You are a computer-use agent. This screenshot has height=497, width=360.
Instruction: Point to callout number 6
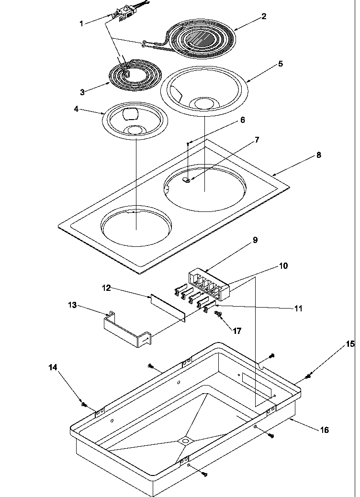[243, 121]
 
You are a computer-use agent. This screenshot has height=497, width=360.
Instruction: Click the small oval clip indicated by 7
[188, 179]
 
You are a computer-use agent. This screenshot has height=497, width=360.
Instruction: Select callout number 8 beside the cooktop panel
[318, 155]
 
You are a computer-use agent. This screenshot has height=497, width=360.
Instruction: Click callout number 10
[283, 266]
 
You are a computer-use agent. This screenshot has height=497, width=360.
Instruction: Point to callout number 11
[298, 309]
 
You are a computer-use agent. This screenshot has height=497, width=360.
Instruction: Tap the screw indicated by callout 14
[84, 405]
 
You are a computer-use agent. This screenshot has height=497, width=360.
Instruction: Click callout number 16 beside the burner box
[324, 430]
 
